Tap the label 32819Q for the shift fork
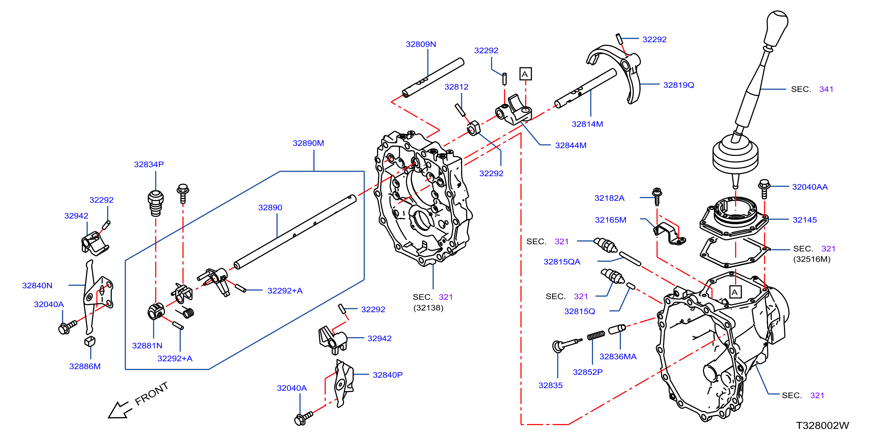(x=678, y=85)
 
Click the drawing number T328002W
(x=822, y=425)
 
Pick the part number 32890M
(x=308, y=143)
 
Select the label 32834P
(x=149, y=165)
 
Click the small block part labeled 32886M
(x=90, y=341)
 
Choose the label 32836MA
(x=618, y=357)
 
